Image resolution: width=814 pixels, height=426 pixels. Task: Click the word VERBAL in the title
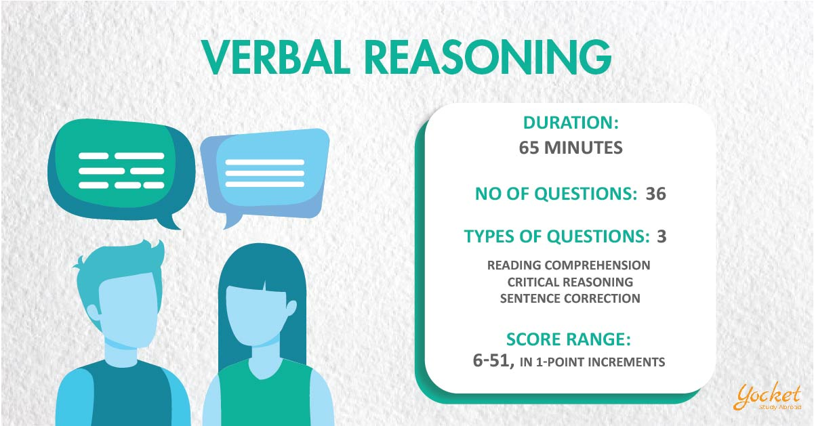276,57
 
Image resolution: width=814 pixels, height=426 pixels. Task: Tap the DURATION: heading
571,123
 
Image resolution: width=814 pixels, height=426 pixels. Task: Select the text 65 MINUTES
571,148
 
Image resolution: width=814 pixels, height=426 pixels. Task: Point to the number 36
655,194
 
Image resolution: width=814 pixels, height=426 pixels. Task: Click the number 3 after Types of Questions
662,236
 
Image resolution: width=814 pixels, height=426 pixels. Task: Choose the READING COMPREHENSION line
569,265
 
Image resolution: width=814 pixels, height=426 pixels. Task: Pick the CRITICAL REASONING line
570,282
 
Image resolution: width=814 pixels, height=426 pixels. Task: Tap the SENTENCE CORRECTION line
570,299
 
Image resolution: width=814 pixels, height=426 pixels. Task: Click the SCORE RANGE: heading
569,339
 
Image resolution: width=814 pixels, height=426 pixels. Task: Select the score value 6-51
493,360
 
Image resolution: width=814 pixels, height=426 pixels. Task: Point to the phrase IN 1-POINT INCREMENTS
592,362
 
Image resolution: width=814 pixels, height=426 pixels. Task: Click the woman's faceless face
257,314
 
